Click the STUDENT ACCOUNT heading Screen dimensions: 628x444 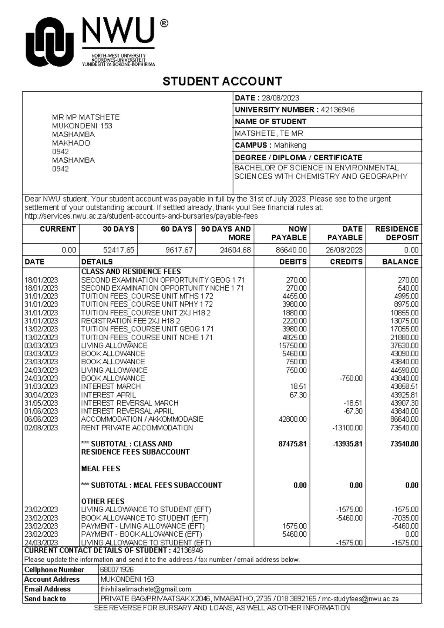[x=222, y=81]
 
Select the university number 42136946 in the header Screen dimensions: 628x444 [x=337, y=110]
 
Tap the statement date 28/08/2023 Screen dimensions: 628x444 [x=280, y=98]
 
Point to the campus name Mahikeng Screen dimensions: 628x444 [x=290, y=145]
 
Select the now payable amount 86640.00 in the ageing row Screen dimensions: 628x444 [x=291, y=250]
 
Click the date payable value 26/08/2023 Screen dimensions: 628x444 [x=344, y=250]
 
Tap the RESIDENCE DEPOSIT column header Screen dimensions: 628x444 [x=396, y=233]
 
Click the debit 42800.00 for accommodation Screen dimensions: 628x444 [x=292, y=419]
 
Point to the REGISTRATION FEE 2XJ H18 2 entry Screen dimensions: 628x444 [x=130, y=321]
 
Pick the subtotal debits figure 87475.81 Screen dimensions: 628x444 [x=292, y=444]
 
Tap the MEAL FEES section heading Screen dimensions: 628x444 [x=101, y=469]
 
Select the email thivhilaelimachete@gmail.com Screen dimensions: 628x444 [x=145, y=589]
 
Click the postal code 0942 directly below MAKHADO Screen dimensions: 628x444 [x=60, y=152]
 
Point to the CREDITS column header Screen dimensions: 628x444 [x=346, y=262]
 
